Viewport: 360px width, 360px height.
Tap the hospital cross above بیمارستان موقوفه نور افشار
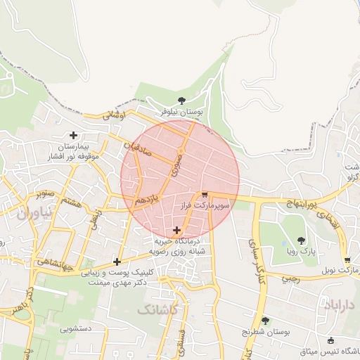tap(73, 135)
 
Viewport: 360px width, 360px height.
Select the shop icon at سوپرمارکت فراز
tap(205, 195)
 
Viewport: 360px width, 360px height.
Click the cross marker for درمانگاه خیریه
tap(176, 230)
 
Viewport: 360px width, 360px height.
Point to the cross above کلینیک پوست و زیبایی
tap(116, 262)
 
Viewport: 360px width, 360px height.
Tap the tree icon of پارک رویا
tap(302, 240)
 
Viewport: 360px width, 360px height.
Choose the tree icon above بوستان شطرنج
tap(266, 321)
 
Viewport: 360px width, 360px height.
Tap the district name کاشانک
tap(159, 309)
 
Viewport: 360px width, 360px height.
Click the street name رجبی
tap(290, 278)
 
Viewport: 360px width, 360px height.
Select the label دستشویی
tap(75, 328)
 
